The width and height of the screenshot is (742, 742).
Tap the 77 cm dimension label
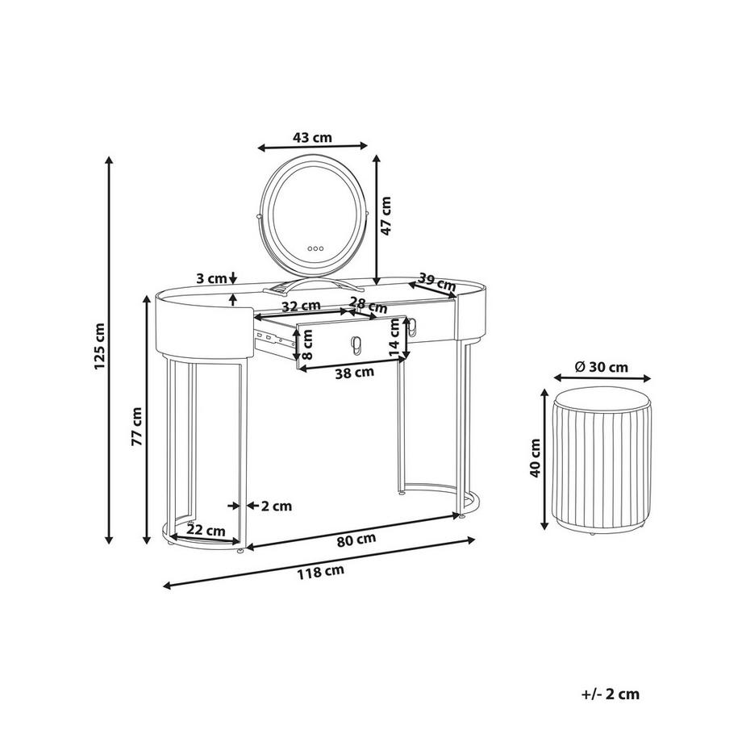coord(137,426)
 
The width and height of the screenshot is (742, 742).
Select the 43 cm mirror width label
coord(312,138)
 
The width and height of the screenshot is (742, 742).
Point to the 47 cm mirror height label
coord(386,216)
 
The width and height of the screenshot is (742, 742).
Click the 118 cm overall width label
coord(320,573)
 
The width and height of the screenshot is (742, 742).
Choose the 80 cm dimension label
coord(356,540)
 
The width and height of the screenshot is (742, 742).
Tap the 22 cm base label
coord(206,530)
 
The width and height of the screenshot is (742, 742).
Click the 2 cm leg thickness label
coord(277,506)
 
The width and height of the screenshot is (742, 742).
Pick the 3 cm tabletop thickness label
coord(211,279)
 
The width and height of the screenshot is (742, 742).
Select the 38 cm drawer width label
coord(354,373)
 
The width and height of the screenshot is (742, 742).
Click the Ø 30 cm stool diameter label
coord(601,367)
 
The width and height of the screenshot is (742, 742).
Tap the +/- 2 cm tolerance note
coord(611,694)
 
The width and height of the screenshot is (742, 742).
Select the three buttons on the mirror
coord(315,248)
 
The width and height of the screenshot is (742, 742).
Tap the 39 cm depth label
coord(437,283)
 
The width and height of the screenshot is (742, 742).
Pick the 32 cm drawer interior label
coord(302,306)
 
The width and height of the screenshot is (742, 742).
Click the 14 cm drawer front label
coord(395,337)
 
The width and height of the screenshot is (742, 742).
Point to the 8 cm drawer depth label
coord(307,344)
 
